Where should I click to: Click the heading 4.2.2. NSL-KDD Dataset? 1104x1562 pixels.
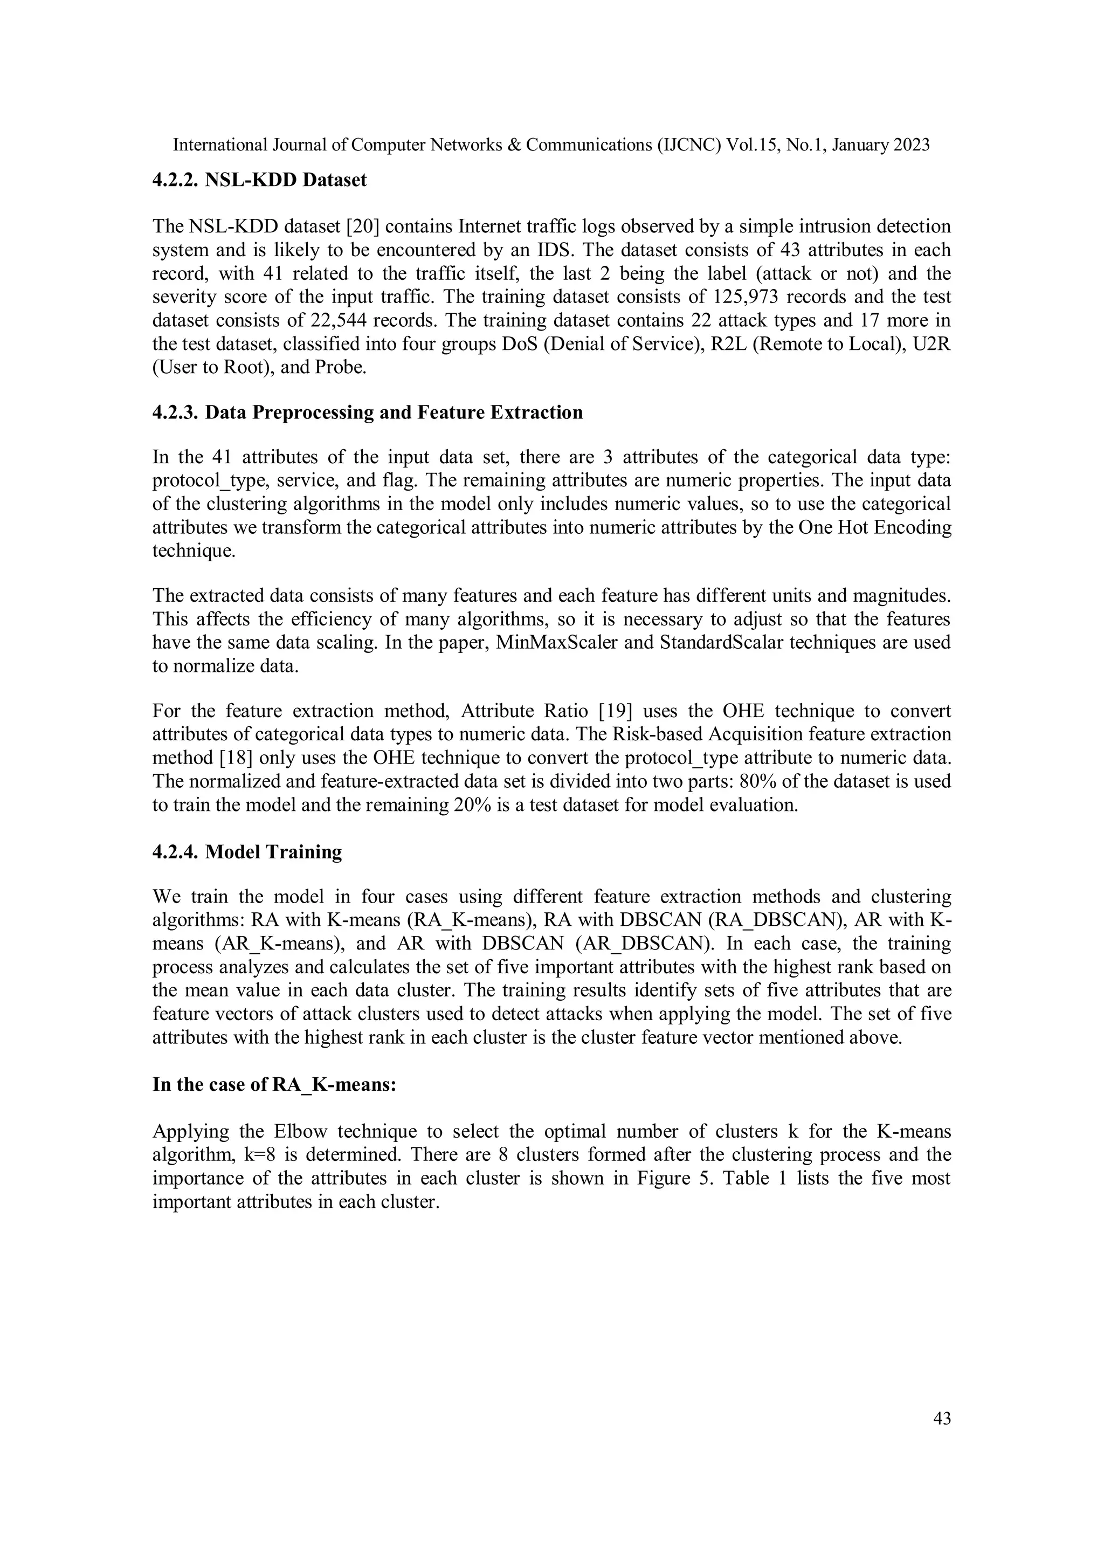tap(259, 180)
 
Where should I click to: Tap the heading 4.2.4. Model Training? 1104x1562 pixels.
tap(247, 852)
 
